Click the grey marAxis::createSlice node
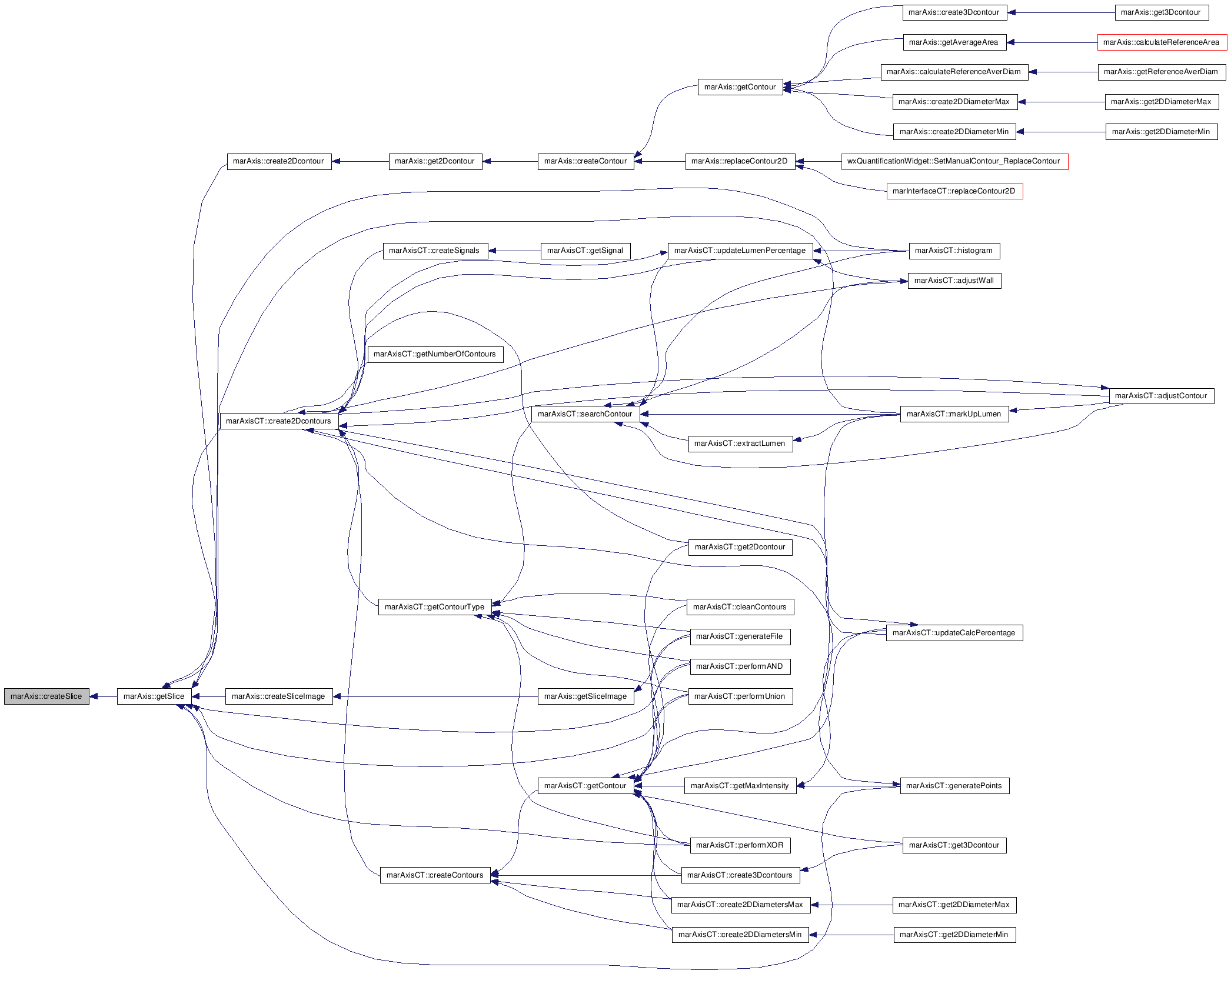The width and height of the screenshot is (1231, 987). click(x=46, y=696)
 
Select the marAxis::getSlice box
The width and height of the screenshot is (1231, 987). click(x=154, y=696)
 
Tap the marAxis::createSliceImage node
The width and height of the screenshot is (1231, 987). click(x=279, y=696)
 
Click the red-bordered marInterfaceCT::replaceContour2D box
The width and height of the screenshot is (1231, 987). click(x=954, y=191)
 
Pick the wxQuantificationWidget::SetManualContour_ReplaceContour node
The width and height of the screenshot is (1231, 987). click(x=954, y=161)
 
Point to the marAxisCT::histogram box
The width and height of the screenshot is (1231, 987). click(x=954, y=251)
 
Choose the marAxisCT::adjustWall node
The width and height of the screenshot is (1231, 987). click(x=954, y=281)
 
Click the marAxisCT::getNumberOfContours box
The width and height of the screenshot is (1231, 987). click(x=435, y=354)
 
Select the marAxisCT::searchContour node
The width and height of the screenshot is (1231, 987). click(x=585, y=414)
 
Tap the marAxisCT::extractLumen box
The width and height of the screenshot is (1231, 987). click(x=740, y=444)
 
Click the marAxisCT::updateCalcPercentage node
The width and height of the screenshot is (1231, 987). click(x=954, y=633)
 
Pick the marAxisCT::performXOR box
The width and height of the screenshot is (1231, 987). click(x=740, y=845)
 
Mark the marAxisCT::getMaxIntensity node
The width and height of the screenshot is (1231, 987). click(x=740, y=786)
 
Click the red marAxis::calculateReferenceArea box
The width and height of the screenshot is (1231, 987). click(x=1162, y=42)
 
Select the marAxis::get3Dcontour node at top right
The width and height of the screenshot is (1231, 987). click(x=1162, y=12)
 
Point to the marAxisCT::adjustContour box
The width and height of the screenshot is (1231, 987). click(x=1162, y=396)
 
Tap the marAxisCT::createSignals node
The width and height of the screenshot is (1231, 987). click(x=435, y=251)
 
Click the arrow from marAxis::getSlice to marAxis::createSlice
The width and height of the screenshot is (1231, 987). click(x=103, y=696)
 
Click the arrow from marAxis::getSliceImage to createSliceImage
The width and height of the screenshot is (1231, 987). click(x=435, y=696)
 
